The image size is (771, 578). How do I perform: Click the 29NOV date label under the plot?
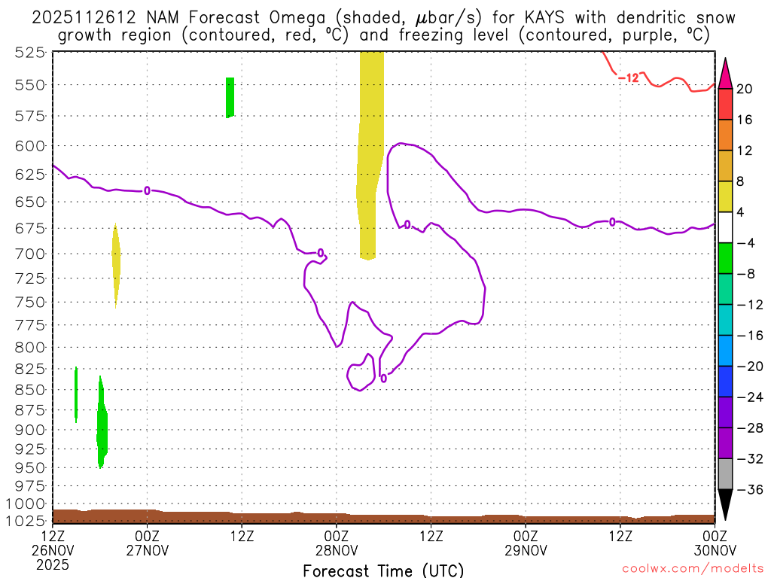coord(525,549)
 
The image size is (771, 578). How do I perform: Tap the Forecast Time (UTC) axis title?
coord(383,570)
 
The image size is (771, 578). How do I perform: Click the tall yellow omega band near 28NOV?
coord(370,151)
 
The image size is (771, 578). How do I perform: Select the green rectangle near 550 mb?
coord(230,97)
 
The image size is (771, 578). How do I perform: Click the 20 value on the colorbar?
coord(745,89)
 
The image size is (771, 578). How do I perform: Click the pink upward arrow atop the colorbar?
coord(725,73)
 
